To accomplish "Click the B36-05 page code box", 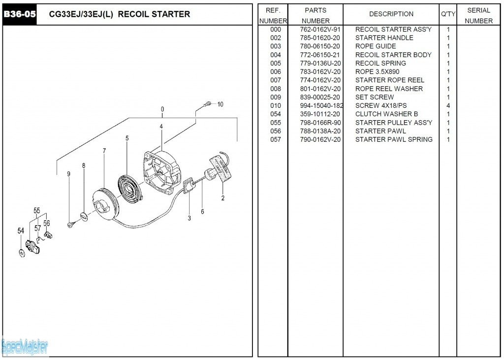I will pos(20,14).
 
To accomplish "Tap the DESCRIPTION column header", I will pos(391,14).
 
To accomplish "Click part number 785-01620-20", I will pos(320,38).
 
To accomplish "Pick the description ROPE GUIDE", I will pos(376,46).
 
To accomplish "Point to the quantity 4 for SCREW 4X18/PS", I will pos(448,106).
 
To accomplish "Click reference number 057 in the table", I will pos(276,139).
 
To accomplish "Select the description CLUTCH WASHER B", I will pos(386,114).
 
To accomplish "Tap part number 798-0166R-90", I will pos(320,123).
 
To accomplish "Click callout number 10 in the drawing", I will pos(220,104).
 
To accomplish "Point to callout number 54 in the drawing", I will pos(21,230).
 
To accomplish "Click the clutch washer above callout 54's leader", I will pos(21,253).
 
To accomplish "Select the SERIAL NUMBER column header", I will pos(478,15).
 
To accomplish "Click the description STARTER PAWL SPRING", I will pos(394,139).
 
